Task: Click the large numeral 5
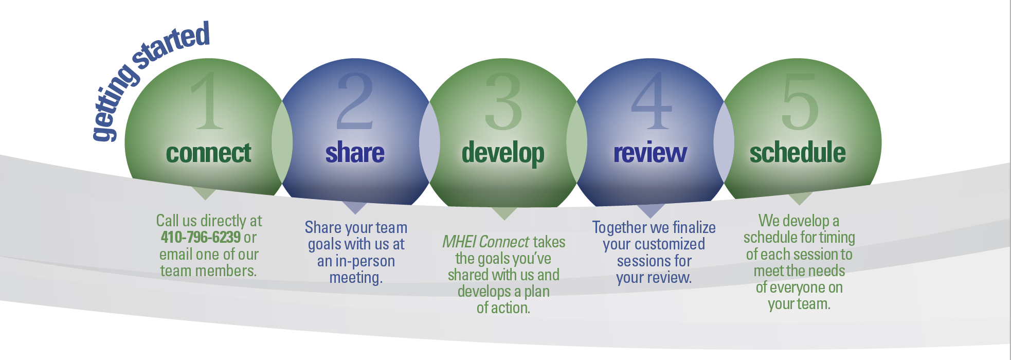click(x=800, y=101)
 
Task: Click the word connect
click(x=208, y=153)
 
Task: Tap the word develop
click(x=503, y=154)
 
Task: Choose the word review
click(x=651, y=153)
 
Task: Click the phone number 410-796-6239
click(x=201, y=237)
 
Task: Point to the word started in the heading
click(x=171, y=44)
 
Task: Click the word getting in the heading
click(x=114, y=103)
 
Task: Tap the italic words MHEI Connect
click(x=486, y=242)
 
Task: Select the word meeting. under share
click(x=356, y=278)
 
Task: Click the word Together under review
click(x=620, y=227)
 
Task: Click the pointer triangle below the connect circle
click(x=205, y=193)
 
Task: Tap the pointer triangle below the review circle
click(x=651, y=210)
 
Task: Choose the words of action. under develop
click(x=503, y=308)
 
